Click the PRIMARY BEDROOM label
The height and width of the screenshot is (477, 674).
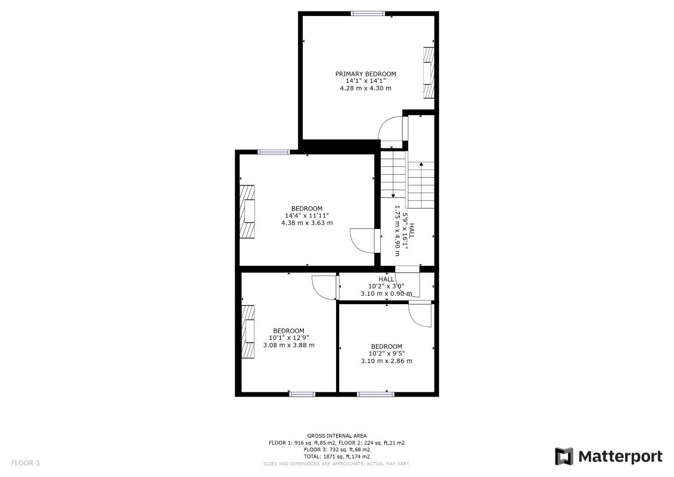click(x=365, y=74)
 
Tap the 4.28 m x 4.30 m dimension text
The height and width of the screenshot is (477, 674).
click(x=365, y=88)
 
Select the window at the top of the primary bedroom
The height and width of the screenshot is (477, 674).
click(x=368, y=13)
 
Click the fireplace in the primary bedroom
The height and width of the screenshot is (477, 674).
click(x=428, y=72)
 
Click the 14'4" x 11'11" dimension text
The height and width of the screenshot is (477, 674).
click(x=307, y=215)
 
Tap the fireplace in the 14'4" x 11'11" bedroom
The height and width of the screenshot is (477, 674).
click(x=247, y=212)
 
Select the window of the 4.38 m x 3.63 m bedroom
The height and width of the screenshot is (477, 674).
click(x=274, y=152)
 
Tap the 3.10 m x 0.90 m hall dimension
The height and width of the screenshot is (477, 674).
click(x=386, y=293)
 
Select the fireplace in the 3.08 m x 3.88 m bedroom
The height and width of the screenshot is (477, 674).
click(x=247, y=331)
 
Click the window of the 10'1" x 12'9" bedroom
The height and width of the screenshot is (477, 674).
click(x=302, y=394)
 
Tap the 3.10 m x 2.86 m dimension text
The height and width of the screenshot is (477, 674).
click(x=386, y=361)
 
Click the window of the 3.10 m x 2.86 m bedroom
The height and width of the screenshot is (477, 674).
click(x=375, y=394)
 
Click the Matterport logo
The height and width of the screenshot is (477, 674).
click(x=608, y=457)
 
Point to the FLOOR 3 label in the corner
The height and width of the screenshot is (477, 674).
click(x=25, y=463)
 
